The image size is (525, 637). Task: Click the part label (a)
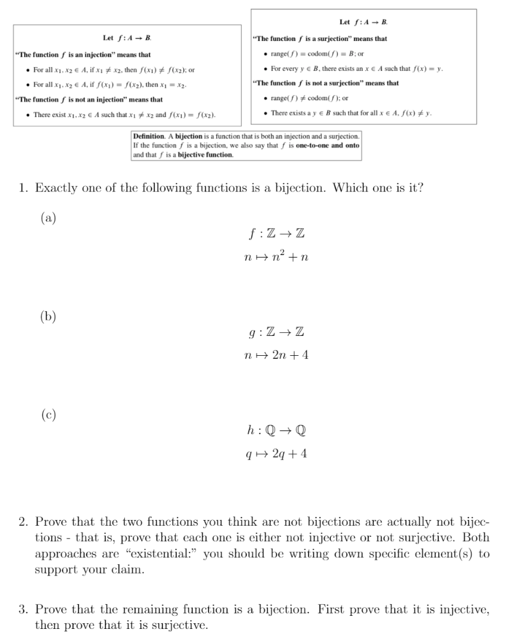coord(48,218)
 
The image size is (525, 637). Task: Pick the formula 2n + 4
coord(288,355)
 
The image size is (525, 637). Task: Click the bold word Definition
coord(148,136)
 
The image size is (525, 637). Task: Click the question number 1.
coord(23,188)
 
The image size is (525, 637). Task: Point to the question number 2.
coord(23,521)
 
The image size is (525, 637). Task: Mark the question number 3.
coord(23,610)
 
